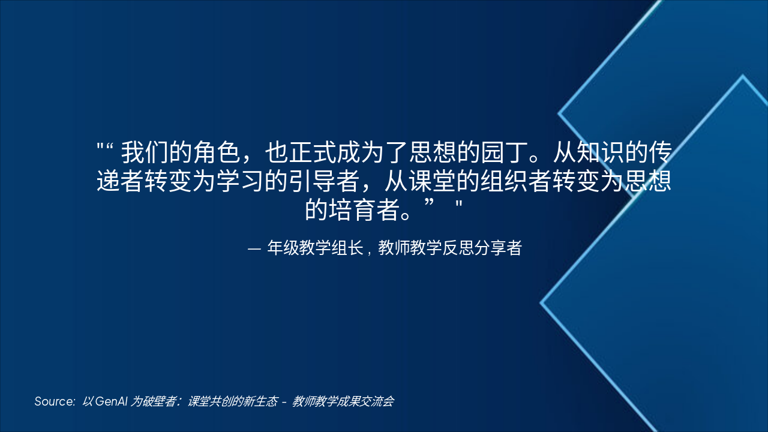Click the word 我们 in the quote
[x=145, y=154]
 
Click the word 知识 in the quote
[x=599, y=154]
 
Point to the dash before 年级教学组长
[x=254, y=248]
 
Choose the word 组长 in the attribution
[x=347, y=248]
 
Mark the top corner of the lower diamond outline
[x=743, y=76]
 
